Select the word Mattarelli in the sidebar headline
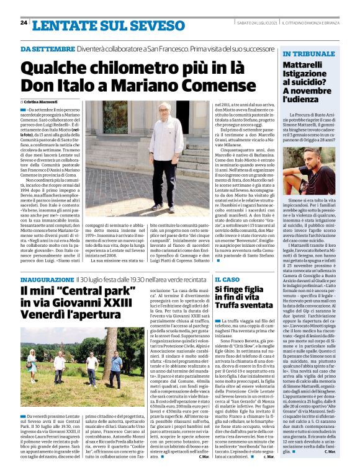coord(303,64)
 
